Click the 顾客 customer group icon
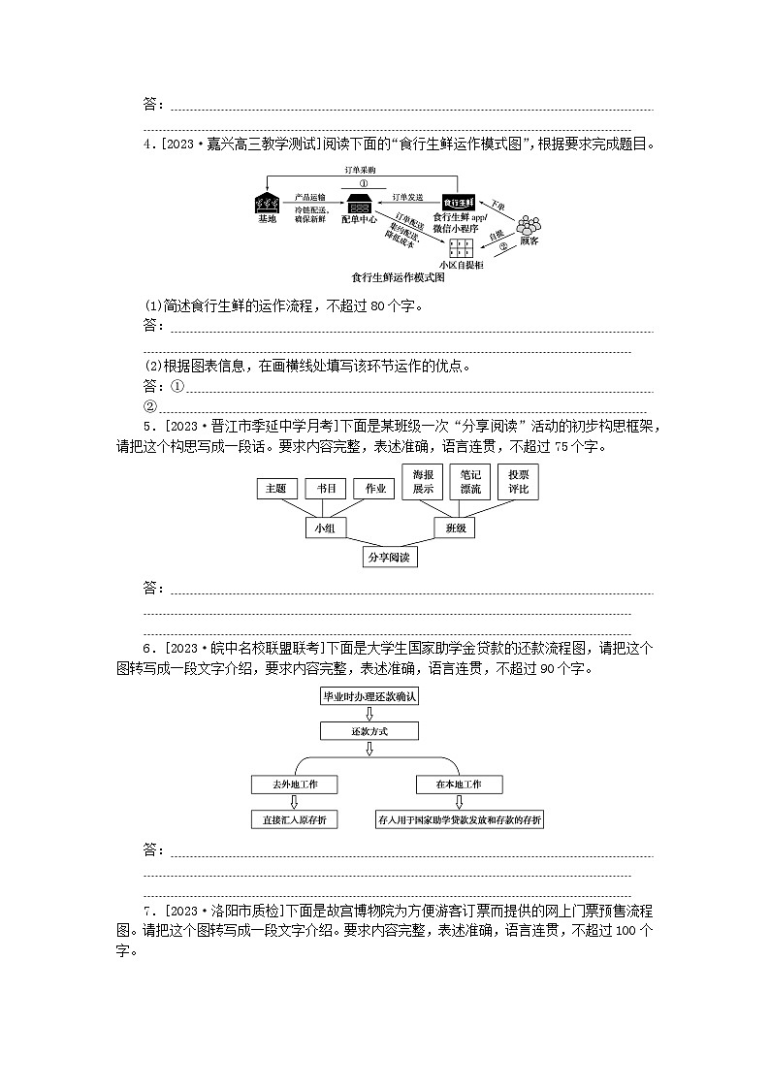[529, 224]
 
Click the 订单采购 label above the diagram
[360, 170]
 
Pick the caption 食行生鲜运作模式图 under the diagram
[398, 277]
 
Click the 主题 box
[276, 489]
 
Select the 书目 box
[326, 489]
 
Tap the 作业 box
[375, 489]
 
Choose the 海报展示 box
[423, 482]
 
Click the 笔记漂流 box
[470, 482]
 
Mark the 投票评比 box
[519, 482]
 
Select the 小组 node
[326, 528]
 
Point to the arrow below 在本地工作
[459, 802]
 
